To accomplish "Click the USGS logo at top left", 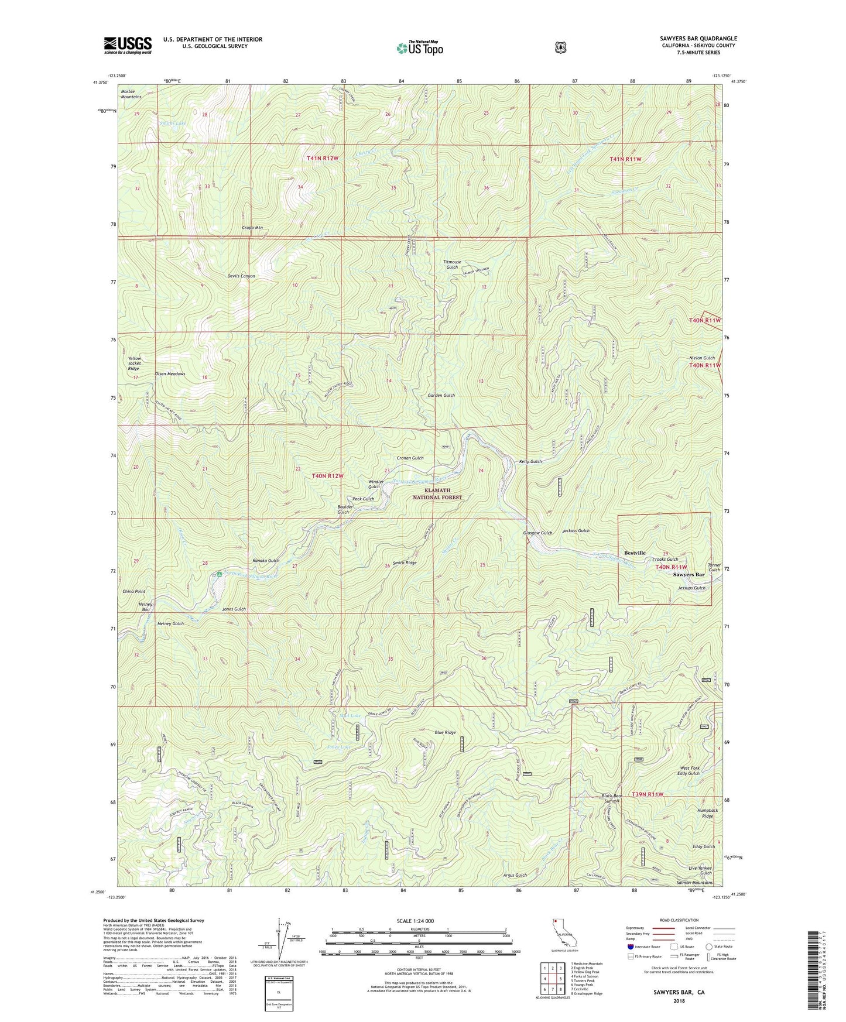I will point(128,44).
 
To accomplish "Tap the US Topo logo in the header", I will point(419,47).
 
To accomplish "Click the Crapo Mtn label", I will point(252,227).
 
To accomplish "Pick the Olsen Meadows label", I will point(170,373).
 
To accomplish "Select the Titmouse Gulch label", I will point(452,265).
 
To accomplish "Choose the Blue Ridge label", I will point(445,732).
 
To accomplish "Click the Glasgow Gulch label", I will point(537,533).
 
